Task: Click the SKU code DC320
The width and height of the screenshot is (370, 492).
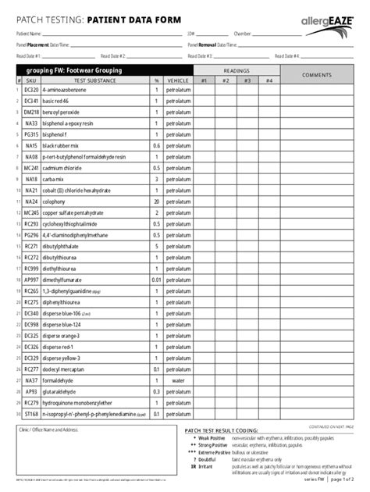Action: tap(30, 91)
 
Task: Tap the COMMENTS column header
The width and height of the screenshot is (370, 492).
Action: tap(318, 74)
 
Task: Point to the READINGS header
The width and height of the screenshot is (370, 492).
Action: tap(236, 70)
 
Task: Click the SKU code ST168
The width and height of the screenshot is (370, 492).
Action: tap(30, 414)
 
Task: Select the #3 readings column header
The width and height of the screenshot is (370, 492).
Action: tap(247, 80)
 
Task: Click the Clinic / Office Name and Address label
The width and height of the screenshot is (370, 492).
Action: tap(48, 430)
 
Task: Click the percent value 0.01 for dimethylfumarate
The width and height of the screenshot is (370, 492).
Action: tap(157, 280)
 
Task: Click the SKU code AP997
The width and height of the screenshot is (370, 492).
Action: tap(30, 280)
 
